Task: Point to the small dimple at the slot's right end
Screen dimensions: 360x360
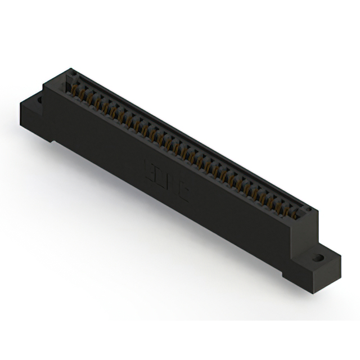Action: tap(308, 210)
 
